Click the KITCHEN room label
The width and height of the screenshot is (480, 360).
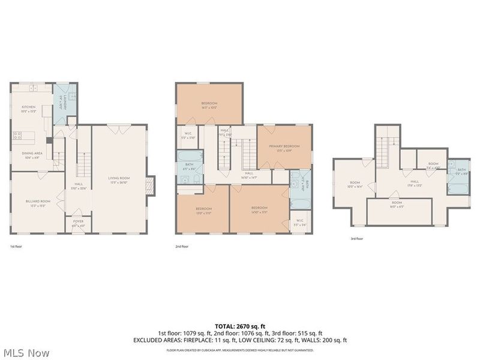[29, 107]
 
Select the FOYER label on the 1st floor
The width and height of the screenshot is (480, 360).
[79, 221]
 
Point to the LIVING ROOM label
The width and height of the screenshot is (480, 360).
[119, 178]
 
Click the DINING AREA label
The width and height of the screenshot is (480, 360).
[32, 153]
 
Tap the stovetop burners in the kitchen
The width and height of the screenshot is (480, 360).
[17, 136]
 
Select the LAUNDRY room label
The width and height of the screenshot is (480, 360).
[61, 103]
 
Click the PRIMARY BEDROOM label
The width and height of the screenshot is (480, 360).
[284, 146]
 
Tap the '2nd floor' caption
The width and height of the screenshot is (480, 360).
[181, 247]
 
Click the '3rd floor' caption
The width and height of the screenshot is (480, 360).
[356, 239]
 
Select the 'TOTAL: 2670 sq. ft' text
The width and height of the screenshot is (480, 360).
[240, 325]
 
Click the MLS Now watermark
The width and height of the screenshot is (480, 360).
[26, 353]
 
